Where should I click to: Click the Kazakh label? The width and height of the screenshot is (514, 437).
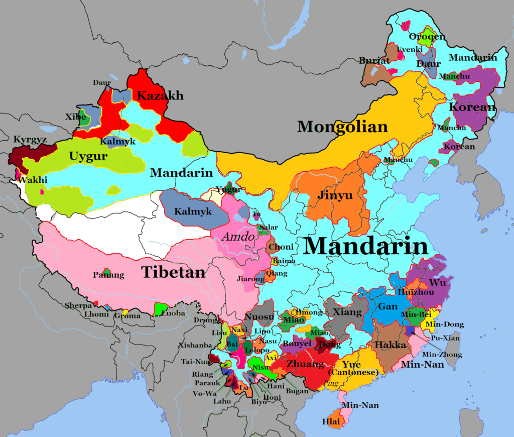click(x=160, y=95)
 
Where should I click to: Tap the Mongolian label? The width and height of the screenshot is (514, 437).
click(x=342, y=127)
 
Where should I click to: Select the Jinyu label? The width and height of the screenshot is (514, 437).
click(x=335, y=195)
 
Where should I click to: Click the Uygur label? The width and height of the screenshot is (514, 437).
click(x=88, y=157)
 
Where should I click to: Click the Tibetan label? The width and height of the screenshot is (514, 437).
click(x=173, y=272)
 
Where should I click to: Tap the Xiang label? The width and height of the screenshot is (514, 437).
click(x=347, y=312)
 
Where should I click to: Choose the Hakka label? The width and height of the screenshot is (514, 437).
click(x=390, y=345)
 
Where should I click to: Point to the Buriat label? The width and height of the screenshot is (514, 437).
click(x=374, y=60)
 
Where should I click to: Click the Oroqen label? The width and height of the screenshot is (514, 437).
click(x=427, y=37)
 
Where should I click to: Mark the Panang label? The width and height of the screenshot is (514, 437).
click(x=108, y=275)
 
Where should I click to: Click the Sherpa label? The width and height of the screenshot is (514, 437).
click(x=78, y=305)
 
